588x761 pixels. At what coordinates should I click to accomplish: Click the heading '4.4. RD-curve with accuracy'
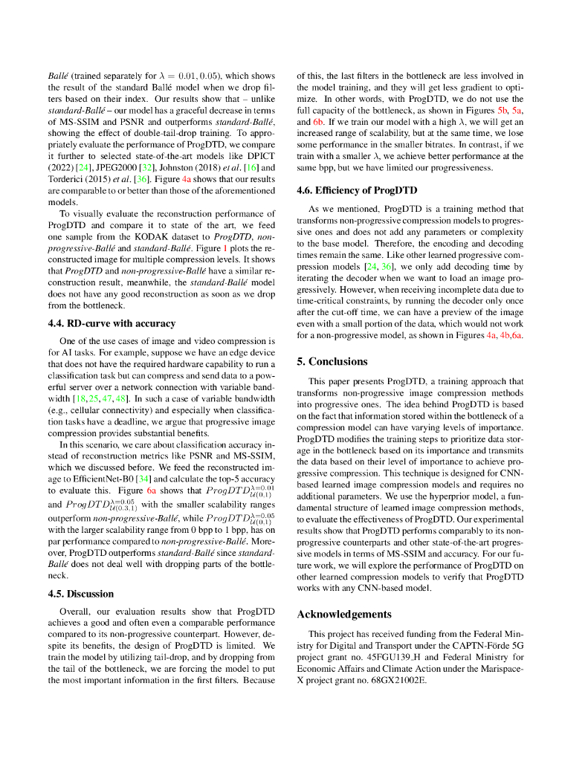click(x=112, y=323)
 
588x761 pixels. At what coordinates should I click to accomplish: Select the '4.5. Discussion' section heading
click(x=81, y=594)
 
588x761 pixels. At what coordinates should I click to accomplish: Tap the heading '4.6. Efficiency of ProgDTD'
click(x=357, y=190)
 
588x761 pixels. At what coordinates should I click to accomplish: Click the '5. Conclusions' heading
click(x=332, y=361)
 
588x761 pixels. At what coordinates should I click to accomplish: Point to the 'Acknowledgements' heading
click(x=343, y=614)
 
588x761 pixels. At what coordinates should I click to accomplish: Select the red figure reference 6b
click(x=317, y=121)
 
